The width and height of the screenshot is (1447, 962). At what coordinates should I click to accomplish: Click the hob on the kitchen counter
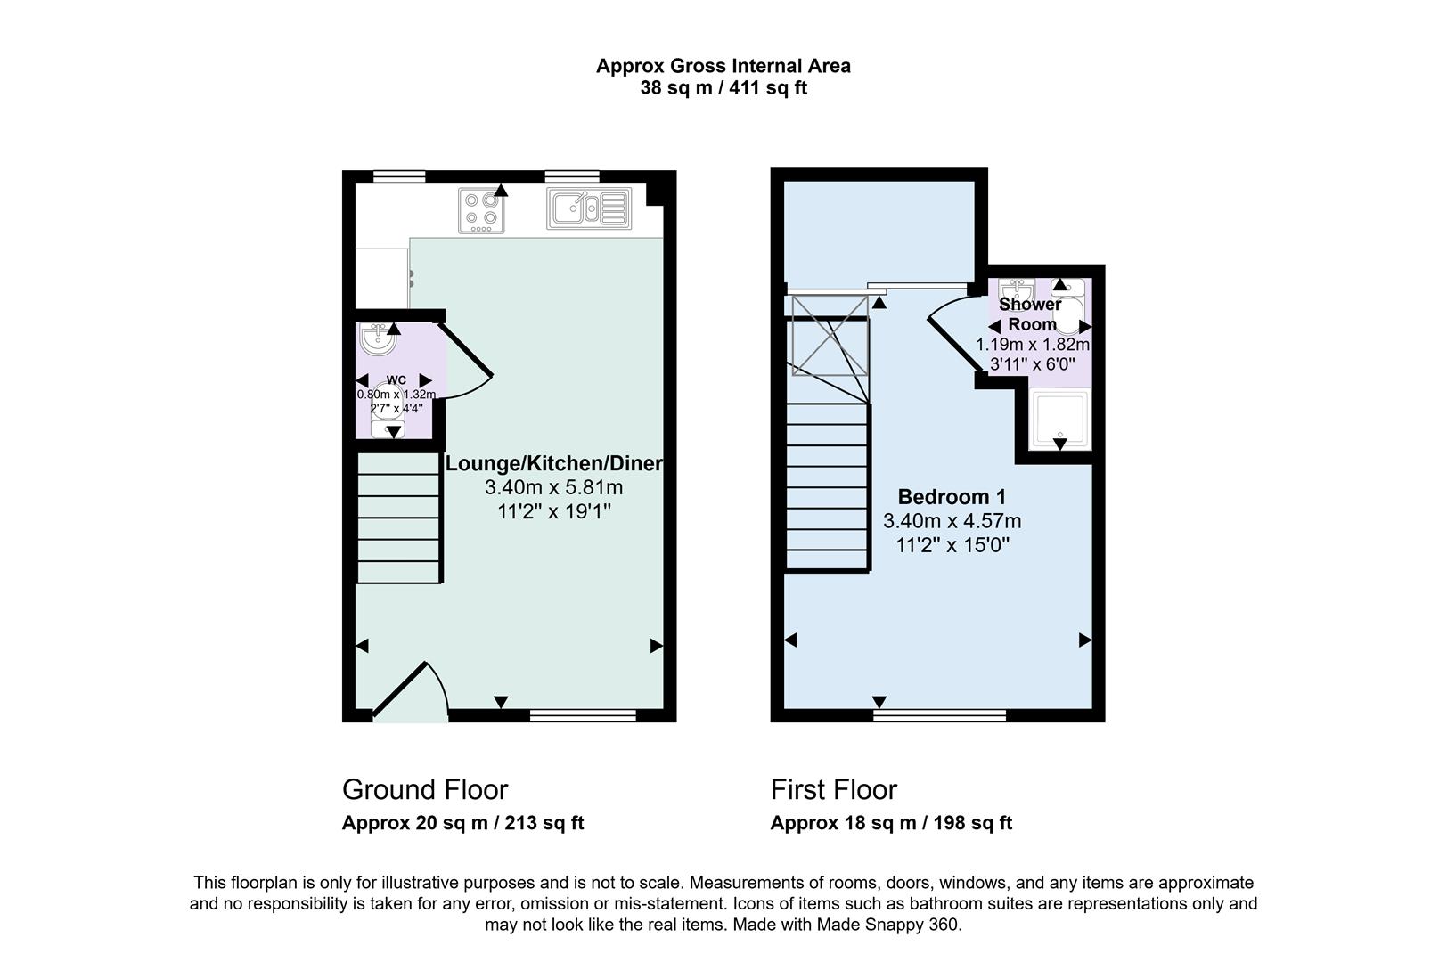[481, 211]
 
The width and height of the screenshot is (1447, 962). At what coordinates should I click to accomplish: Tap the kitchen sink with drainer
[589, 208]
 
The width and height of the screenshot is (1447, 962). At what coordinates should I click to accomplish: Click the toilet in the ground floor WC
[387, 419]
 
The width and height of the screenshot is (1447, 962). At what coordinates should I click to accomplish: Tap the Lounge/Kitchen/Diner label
[553, 463]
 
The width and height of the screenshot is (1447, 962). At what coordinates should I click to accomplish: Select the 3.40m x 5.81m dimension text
[553, 487]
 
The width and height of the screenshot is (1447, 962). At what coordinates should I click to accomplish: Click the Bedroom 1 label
[951, 497]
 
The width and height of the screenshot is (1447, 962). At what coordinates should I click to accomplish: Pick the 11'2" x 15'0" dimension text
[951, 545]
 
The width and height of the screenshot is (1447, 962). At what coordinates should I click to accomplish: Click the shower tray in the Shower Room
[1059, 419]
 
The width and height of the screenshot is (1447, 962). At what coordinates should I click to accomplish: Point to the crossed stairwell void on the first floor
[829, 347]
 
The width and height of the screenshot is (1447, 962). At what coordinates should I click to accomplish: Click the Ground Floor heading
[425, 789]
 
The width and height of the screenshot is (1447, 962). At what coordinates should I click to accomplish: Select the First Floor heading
[833, 789]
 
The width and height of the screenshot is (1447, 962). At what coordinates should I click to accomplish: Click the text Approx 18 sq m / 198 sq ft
[890, 823]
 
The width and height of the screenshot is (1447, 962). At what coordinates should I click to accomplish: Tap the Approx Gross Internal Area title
[723, 66]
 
